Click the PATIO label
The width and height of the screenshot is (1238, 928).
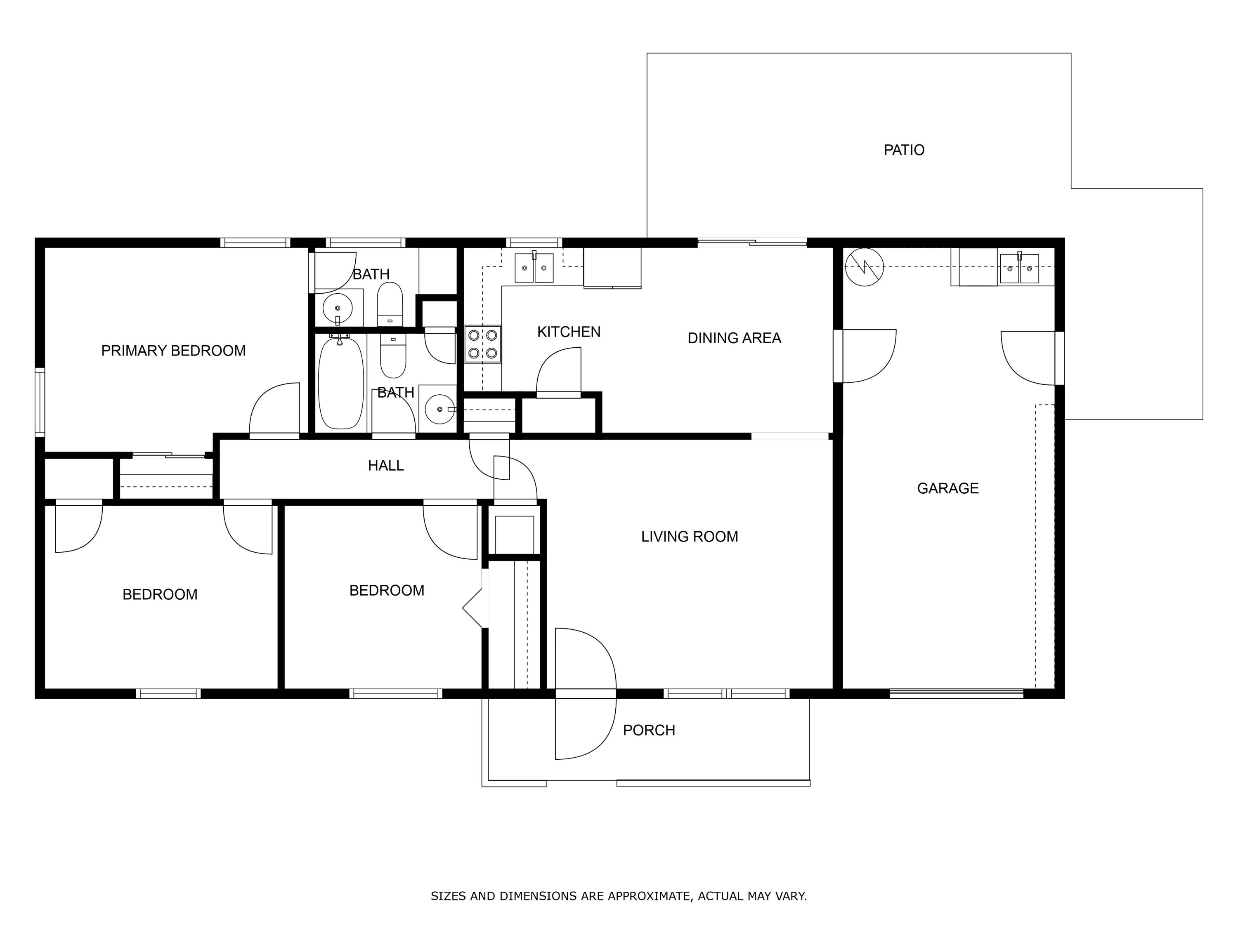(x=903, y=150)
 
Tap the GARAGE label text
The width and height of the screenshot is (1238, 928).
(x=947, y=488)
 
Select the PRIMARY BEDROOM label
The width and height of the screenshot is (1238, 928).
(x=173, y=351)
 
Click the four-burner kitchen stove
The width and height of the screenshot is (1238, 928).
(x=482, y=344)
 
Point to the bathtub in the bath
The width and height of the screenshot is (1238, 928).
(x=340, y=384)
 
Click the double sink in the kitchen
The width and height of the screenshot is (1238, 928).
(x=534, y=268)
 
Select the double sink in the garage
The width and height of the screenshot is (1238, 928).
(x=1019, y=269)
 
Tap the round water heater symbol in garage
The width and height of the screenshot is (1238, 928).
(x=864, y=267)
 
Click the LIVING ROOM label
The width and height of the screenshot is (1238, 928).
(x=689, y=537)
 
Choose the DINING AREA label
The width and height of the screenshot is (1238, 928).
(x=734, y=338)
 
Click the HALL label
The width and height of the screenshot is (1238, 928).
(x=385, y=465)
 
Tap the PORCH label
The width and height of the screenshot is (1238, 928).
(x=649, y=730)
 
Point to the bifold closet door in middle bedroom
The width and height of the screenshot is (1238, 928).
(x=473, y=608)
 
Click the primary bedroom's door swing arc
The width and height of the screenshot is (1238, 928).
(x=274, y=408)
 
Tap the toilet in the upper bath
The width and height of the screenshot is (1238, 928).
(x=390, y=303)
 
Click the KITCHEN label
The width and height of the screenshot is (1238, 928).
(x=569, y=332)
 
